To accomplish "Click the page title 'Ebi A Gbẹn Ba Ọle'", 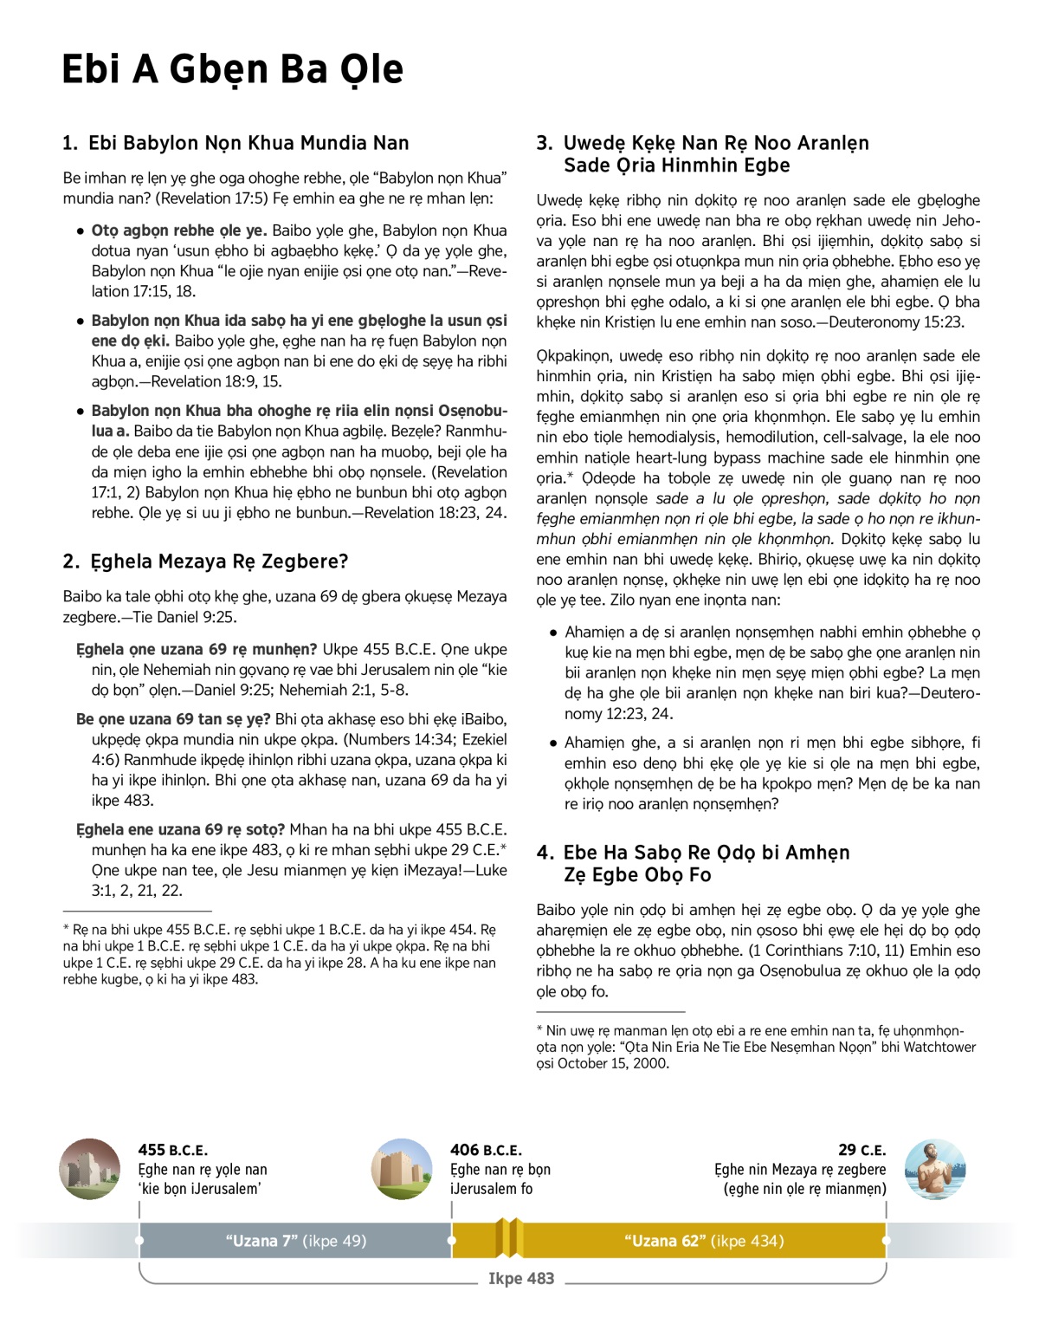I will (232, 69).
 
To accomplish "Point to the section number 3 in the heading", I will (544, 144).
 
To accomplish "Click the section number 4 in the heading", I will (544, 853).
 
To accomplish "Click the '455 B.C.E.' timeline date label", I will (172, 1151).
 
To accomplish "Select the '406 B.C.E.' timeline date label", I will (486, 1151).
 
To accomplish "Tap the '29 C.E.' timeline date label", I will (862, 1151).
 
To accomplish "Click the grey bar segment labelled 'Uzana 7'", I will (295, 1241).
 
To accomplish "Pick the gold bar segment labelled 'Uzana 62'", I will (704, 1241).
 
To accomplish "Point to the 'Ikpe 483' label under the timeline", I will (521, 1279).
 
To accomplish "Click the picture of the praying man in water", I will (935, 1169).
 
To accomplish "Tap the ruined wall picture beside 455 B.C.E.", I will (90, 1169).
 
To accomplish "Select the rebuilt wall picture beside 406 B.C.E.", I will (402, 1169).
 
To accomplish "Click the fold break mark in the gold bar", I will (509, 1237).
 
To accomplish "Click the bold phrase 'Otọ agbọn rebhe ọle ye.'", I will (179, 230).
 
